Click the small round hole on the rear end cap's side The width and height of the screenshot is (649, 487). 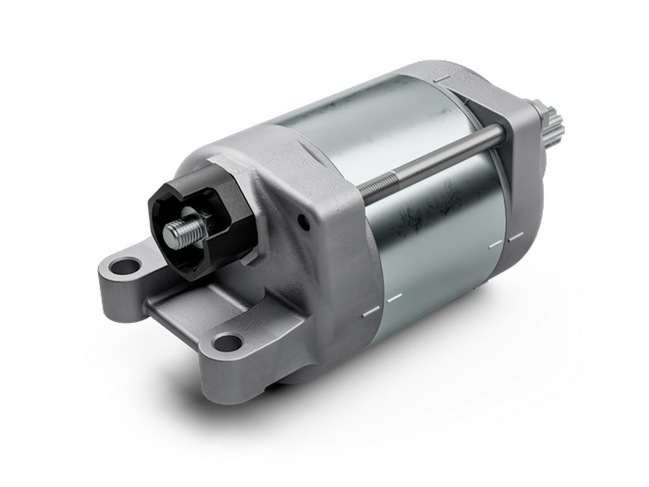click(x=306, y=225)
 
